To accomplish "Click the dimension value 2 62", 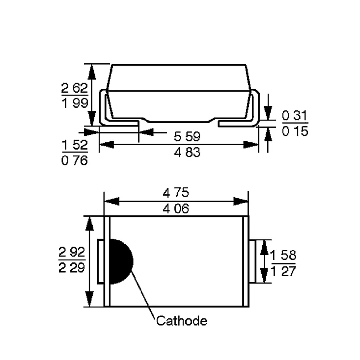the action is click(x=75, y=88).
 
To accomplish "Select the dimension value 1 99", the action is click(x=75, y=103).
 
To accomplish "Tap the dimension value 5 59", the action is click(x=187, y=136).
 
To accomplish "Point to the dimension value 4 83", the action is click(x=187, y=152).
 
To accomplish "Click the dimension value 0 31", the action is click(x=295, y=115).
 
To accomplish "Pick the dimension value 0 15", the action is click(x=295, y=131).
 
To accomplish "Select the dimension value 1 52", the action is click(x=75, y=145).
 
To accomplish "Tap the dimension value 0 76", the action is click(x=75, y=160).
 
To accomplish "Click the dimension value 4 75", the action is click(x=176, y=192).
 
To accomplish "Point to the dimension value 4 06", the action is click(x=176, y=209).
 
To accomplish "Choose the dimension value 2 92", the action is click(x=72, y=252).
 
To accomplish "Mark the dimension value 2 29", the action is click(x=72, y=268).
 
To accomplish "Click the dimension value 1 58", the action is click(x=283, y=255).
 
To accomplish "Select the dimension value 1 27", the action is click(x=283, y=271).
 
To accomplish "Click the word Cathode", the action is click(x=182, y=321).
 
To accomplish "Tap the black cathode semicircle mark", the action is click(x=121, y=261).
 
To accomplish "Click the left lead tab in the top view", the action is click(x=101, y=261).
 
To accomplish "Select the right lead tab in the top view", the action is click(x=252, y=261).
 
